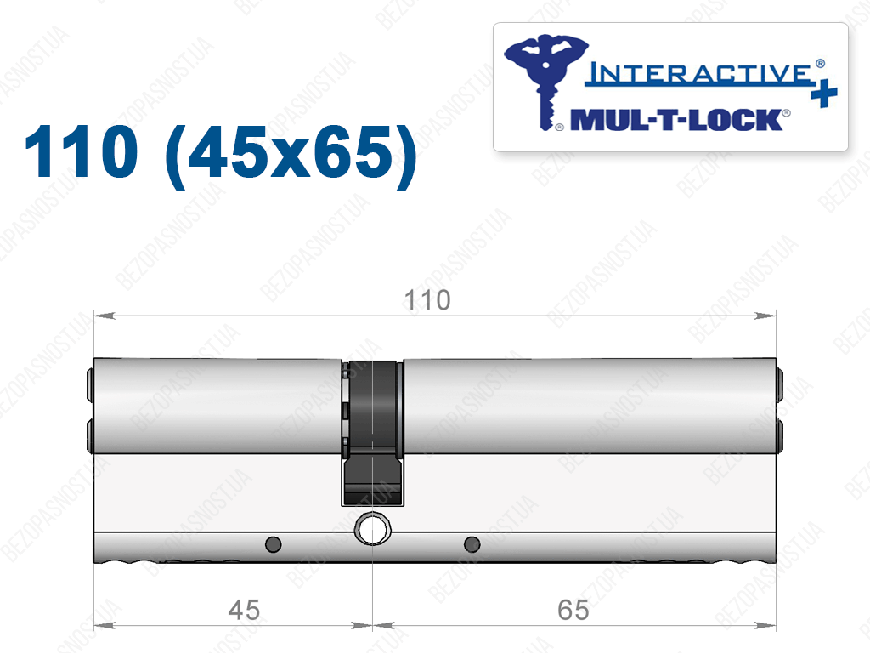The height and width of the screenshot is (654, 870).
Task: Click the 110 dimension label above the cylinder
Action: click(427, 300)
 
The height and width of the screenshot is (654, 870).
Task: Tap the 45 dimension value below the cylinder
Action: click(244, 610)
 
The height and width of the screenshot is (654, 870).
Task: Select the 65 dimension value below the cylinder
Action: click(573, 610)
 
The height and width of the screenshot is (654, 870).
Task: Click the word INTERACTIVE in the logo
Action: click(698, 74)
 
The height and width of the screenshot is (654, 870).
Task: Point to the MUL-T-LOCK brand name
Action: click(676, 120)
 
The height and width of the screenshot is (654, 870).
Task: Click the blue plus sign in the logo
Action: click(824, 93)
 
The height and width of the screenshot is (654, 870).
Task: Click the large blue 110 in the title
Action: click(81, 151)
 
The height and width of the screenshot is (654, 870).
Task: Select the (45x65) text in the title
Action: click(291, 155)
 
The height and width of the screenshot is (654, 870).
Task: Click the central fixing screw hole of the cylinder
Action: click(372, 529)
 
